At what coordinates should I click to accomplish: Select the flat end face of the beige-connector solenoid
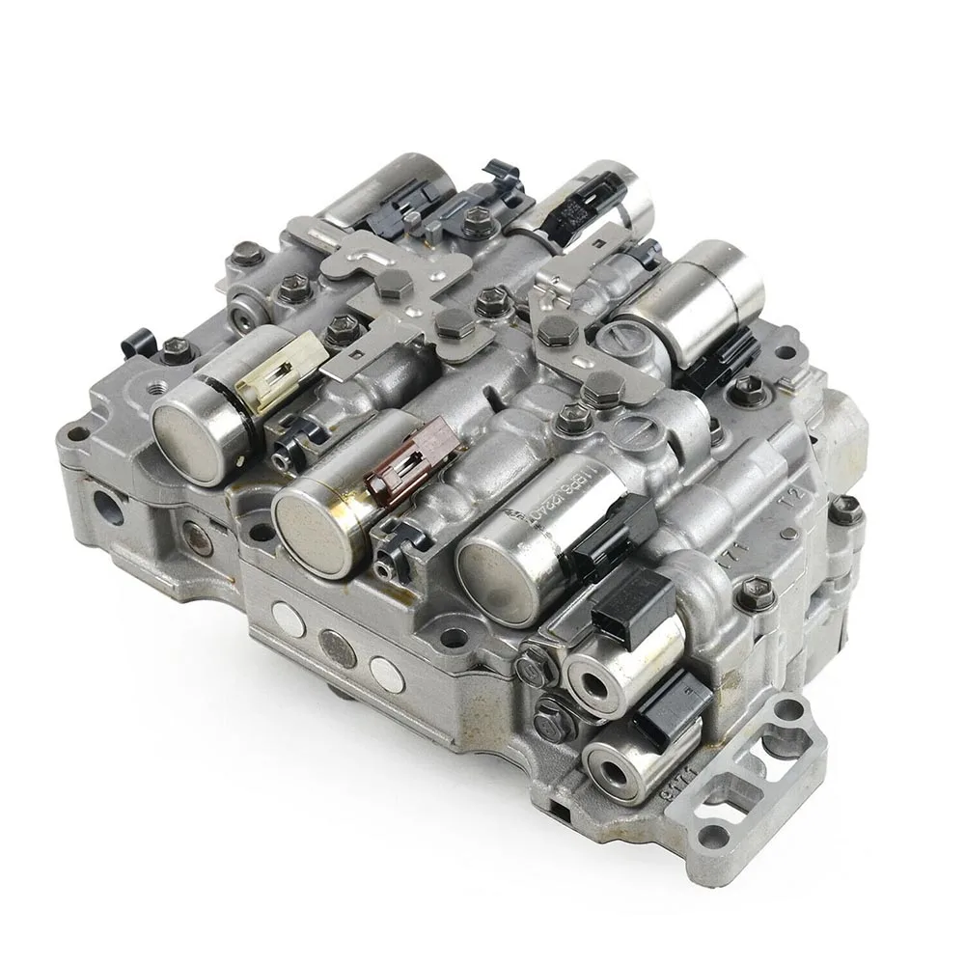187,440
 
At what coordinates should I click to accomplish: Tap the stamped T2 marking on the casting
793,497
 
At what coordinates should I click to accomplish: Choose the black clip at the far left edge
139,342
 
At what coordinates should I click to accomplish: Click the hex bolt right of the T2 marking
845,510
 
